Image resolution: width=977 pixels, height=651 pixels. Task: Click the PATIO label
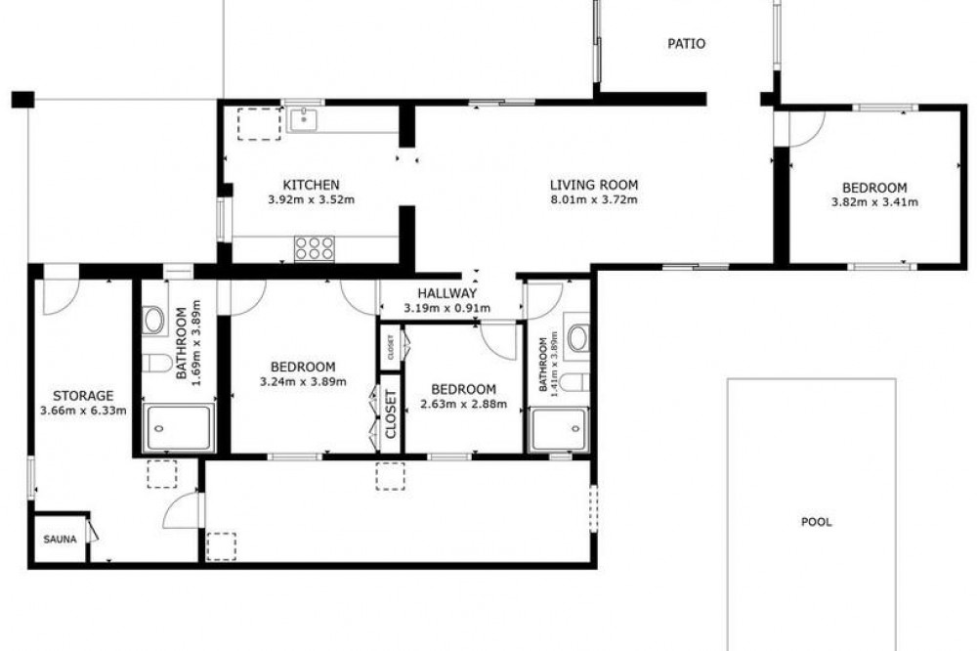coord(686,44)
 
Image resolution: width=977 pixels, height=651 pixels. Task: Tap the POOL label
coord(816,522)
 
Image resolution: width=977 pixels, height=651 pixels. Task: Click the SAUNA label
coord(60,540)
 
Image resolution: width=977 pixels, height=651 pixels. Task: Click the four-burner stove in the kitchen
coord(314,248)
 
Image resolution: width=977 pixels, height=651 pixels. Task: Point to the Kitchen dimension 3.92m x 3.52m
coord(311,200)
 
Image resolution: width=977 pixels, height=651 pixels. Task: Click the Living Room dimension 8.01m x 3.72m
coord(594,200)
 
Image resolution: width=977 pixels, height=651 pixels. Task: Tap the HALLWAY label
coord(446,293)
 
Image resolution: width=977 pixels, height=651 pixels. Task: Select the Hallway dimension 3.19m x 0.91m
coord(446,308)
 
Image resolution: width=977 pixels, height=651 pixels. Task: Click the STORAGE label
coord(83,396)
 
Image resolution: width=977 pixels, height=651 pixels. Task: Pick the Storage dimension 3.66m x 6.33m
coord(83,411)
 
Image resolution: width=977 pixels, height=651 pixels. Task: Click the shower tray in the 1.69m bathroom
coord(179,428)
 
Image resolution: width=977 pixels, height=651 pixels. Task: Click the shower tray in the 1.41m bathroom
coord(558,430)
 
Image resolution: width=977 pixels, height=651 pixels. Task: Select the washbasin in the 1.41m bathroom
coord(577,337)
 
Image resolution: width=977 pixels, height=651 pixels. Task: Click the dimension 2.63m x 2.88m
coord(463,404)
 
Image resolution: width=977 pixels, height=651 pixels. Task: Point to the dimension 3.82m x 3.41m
coord(874,202)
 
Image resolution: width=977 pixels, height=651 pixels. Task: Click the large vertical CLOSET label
coord(391,414)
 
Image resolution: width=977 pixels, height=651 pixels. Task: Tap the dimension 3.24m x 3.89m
coord(303,381)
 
